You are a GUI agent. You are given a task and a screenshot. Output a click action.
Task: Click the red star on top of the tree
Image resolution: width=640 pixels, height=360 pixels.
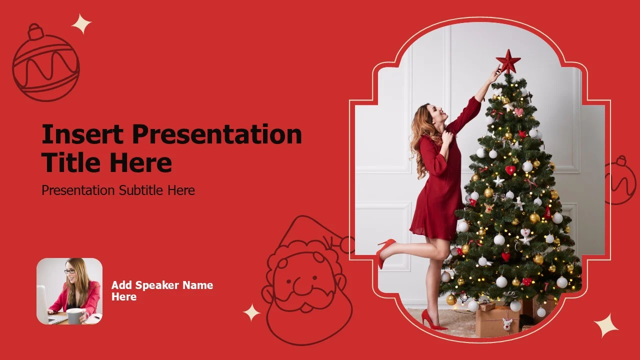[508, 61]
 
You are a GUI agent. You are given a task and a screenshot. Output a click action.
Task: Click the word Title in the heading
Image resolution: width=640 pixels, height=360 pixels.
[70, 162]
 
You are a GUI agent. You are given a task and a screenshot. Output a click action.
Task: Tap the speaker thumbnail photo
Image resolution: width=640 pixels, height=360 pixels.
[69, 291]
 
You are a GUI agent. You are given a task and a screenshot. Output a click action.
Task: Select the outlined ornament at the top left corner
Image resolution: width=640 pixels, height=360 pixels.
[45, 62]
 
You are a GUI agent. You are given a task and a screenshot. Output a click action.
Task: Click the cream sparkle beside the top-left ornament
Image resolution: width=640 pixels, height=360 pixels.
[81, 24]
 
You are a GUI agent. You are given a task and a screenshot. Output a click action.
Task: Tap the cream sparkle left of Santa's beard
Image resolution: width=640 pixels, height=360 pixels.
[251, 312]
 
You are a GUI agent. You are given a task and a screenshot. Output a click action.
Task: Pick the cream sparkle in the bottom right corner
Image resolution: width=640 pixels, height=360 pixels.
[606, 325]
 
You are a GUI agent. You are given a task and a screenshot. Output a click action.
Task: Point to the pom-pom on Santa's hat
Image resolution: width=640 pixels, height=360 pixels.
[347, 245]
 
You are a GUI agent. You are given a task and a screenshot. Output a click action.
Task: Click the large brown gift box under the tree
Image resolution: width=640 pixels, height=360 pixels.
[497, 321]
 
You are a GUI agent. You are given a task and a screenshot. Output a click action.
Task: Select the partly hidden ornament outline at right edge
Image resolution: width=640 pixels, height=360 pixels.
[621, 180]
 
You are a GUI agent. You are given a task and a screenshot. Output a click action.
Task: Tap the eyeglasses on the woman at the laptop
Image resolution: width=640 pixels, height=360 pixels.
[69, 271]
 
